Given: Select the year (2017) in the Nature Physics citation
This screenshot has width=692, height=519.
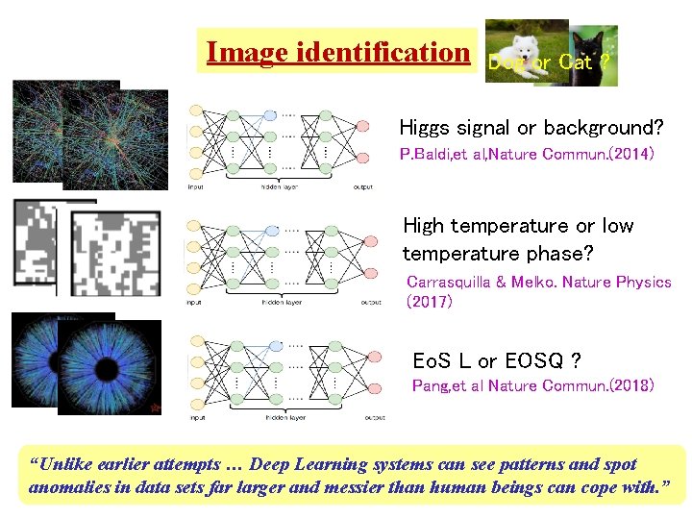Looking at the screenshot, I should pos(429,302).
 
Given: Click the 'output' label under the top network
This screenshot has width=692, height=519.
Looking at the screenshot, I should pos(363,187).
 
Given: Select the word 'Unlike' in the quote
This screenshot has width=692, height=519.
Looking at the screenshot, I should pos(62,464).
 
